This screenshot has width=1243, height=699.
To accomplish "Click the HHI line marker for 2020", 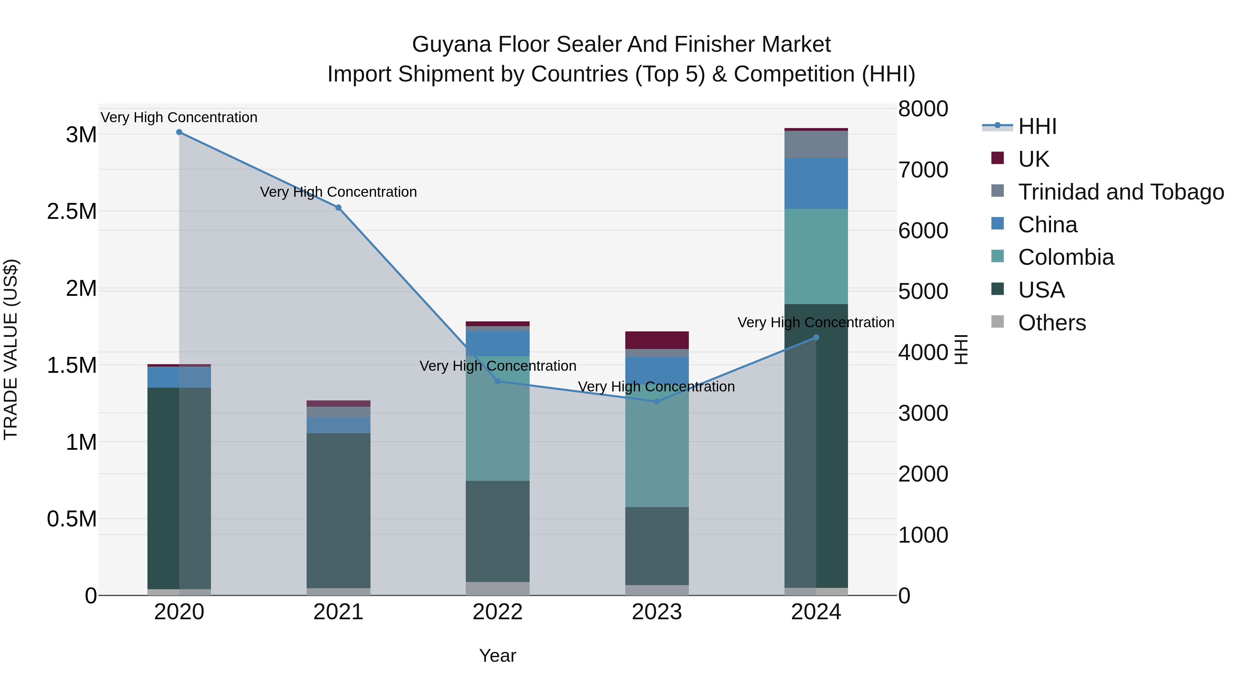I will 179,132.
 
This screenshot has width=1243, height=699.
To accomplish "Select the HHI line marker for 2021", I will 338,207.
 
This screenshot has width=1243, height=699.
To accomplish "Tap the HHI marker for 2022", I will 498,381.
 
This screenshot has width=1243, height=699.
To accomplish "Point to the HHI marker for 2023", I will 657,401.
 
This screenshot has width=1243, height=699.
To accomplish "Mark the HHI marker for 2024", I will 816,338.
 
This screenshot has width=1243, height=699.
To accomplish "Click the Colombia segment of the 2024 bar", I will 816,256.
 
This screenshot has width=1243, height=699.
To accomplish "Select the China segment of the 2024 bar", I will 816,183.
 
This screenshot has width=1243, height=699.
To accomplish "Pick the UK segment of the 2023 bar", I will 657,340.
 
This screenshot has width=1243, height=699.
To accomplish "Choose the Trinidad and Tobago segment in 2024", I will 816,144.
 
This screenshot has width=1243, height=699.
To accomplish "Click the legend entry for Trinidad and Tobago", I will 1120,192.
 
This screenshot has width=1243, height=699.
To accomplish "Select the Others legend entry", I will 1052,323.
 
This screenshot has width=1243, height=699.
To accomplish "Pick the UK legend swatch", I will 998,158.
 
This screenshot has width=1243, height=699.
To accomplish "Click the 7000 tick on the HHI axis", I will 923,170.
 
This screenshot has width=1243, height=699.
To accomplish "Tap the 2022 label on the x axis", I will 498,612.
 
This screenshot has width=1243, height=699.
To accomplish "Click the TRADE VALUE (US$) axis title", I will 11,349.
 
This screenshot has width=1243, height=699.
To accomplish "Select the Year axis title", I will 498,656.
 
